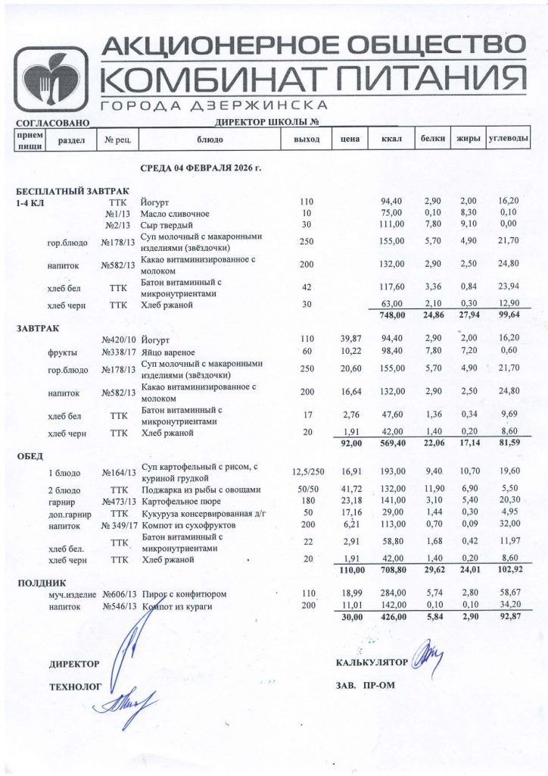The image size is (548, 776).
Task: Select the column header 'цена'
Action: pyautogui.click(x=349, y=139)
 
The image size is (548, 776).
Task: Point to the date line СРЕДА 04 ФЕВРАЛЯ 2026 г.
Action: pyautogui.click(x=201, y=167)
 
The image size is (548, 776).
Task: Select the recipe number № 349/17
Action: pyautogui.click(x=118, y=524)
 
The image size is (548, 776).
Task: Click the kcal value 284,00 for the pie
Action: pyautogui.click(x=392, y=595)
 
